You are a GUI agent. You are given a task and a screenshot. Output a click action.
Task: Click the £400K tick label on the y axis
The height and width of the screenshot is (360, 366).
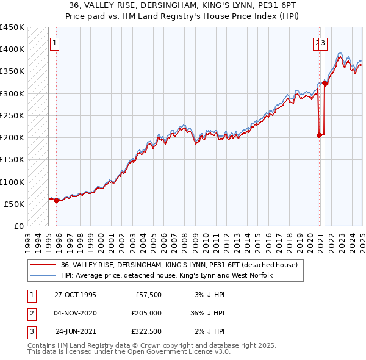(12, 49)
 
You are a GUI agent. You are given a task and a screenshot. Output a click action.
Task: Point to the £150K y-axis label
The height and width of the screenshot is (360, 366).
(12, 159)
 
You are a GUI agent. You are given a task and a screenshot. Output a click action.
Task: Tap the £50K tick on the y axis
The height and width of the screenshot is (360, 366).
(14, 204)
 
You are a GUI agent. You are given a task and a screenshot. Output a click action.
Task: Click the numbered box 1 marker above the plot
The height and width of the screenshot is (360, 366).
(54, 43)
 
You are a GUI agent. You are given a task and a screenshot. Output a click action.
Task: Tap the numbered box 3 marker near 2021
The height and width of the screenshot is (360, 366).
(323, 43)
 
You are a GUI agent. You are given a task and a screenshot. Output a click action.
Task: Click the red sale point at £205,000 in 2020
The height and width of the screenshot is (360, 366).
(319, 135)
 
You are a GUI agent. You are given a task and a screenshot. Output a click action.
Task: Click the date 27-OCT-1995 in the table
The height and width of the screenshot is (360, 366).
(74, 295)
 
